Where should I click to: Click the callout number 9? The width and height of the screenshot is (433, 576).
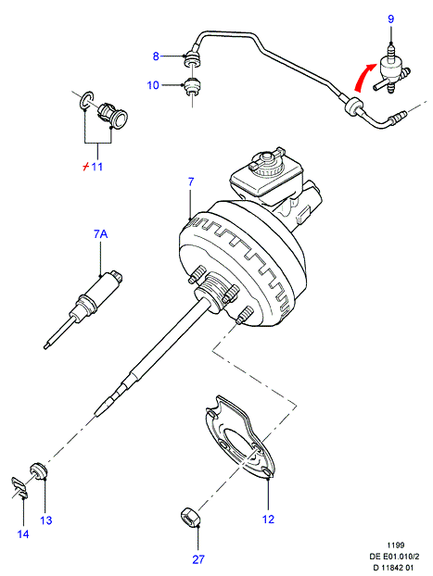[x=390, y=19]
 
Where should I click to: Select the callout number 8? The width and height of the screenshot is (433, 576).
[x=156, y=56]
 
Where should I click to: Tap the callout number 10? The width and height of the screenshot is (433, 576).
[x=153, y=85]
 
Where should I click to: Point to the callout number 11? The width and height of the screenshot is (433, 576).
[x=96, y=167]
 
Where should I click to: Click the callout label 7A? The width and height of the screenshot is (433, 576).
[x=100, y=233]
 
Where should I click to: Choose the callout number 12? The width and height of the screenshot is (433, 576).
[x=268, y=520]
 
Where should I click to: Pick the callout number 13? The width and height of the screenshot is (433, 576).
[x=46, y=520]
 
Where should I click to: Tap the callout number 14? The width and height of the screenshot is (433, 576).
[x=23, y=533]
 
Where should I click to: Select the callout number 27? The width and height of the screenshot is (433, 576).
[x=197, y=559]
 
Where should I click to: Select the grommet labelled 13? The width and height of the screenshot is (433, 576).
[x=39, y=471]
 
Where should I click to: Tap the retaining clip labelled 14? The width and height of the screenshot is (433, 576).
[x=19, y=488]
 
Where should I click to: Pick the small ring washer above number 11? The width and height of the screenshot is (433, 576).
[x=87, y=99]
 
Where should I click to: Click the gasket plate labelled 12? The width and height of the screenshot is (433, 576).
[x=239, y=437]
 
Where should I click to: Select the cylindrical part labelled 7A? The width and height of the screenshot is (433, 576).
[x=83, y=310]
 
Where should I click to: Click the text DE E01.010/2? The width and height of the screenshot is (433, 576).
[x=394, y=557]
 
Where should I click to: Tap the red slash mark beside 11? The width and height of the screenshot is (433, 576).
[x=85, y=167]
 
